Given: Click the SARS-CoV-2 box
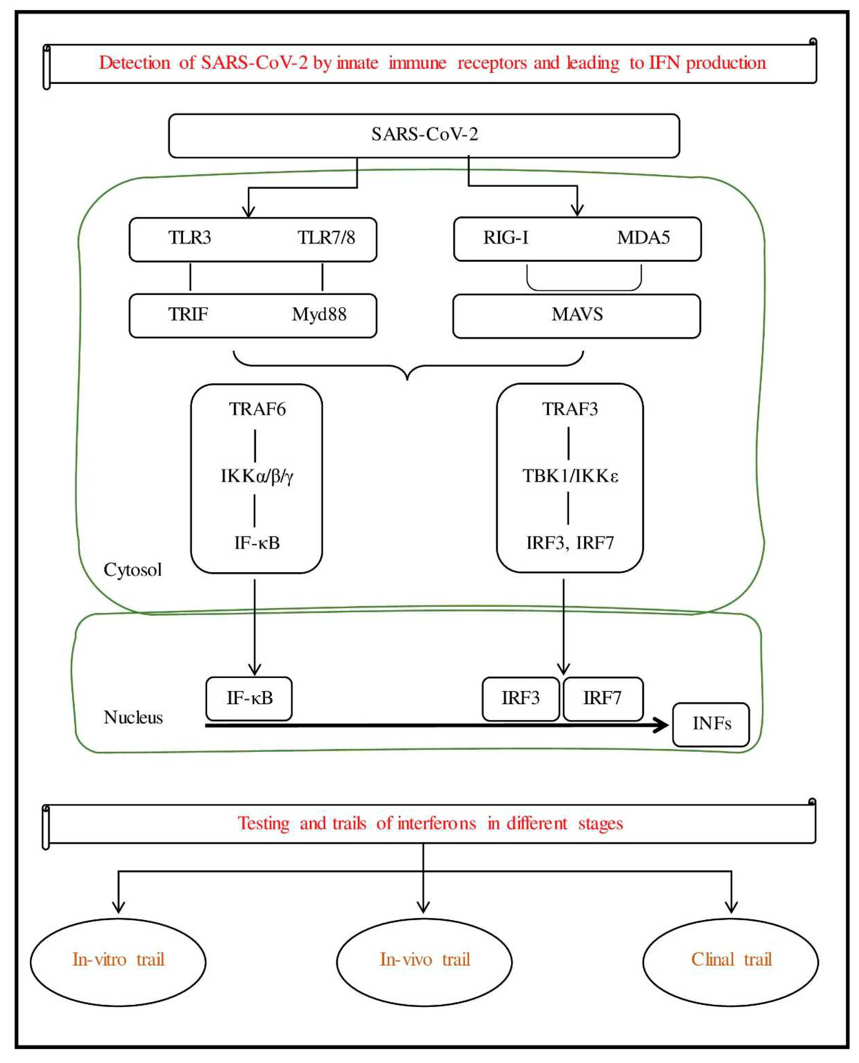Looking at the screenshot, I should point(424,136).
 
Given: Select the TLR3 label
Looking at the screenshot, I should point(190,238).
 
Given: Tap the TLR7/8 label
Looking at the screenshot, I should point(326,238).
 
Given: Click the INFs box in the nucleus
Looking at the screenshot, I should point(711,724).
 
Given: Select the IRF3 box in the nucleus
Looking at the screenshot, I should point(521,698).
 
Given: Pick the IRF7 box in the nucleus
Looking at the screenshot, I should point(603,698).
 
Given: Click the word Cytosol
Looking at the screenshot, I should point(133,570).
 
